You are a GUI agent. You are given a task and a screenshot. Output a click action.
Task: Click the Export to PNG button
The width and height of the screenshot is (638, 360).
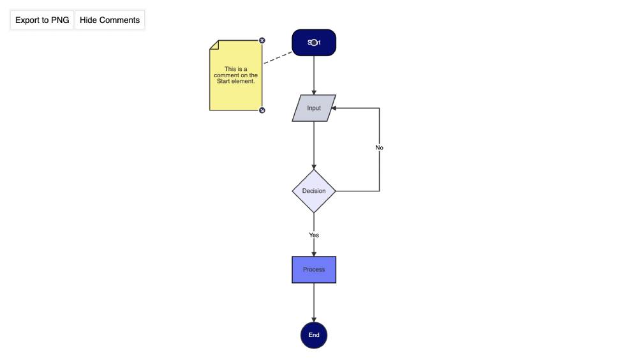[x=42, y=20]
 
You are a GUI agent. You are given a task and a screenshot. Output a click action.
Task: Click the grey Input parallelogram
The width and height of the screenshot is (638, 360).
[x=314, y=108]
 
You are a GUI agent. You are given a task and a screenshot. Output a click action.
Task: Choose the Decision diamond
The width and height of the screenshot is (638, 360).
[x=314, y=191]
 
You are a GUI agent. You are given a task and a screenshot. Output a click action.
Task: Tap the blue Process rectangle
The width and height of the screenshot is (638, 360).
[x=314, y=269]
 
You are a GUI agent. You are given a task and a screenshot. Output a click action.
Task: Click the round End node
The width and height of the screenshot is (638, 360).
[x=314, y=335]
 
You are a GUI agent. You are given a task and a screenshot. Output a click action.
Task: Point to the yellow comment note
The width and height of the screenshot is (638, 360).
[x=236, y=89]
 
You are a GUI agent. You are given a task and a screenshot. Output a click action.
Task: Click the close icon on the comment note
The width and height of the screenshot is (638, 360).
[x=262, y=40]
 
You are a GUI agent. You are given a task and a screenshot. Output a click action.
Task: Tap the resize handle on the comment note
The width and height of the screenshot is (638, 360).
[x=262, y=110]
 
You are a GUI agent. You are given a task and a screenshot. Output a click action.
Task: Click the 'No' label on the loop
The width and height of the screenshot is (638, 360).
[x=380, y=147]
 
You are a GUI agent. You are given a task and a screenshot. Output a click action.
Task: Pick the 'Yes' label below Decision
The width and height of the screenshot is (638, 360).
[x=314, y=235]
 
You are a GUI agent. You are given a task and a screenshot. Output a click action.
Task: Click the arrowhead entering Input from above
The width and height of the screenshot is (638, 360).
[x=314, y=92]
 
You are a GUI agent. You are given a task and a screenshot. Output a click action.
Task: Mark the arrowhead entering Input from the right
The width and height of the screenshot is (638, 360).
[x=334, y=108]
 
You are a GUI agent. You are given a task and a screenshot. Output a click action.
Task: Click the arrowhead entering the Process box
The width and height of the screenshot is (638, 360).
[x=314, y=253]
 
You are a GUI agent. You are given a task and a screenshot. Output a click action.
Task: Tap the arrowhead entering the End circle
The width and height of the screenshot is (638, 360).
[x=314, y=319]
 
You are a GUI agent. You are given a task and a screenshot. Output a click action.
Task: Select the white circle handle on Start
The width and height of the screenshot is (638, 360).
[x=314, y=43]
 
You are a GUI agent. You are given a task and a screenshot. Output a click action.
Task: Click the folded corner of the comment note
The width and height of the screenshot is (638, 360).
[x=214, y=44]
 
